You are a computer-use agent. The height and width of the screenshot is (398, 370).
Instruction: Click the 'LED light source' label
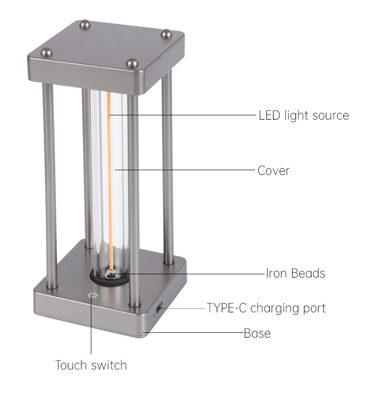point(303,115)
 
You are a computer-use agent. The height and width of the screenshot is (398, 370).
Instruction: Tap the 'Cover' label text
point(274,171)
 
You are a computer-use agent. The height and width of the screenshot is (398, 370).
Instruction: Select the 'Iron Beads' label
point(296,273)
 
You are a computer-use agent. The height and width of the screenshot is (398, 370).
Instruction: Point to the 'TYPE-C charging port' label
point(266,308)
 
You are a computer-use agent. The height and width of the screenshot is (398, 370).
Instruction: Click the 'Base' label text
point(257,333)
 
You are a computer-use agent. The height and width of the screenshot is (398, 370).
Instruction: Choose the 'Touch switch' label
point(91,365)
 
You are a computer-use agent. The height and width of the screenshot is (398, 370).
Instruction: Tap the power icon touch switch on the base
point(92,295)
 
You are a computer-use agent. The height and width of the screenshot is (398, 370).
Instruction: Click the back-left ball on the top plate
point(85,24)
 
